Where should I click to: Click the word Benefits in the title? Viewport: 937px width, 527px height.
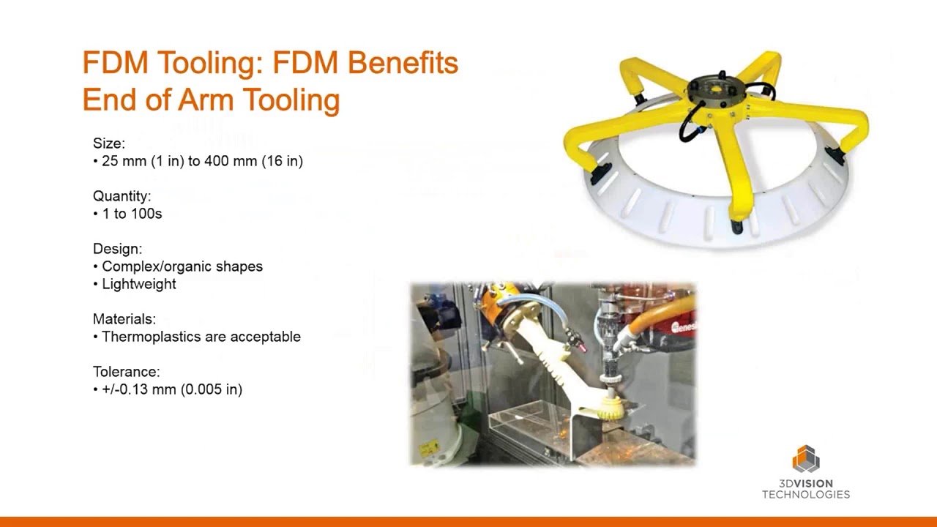coord(402,63)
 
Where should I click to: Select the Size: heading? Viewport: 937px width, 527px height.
coord(109,143)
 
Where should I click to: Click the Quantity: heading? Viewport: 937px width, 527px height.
coord(122,196)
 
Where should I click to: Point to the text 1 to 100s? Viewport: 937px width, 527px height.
coord(132,214)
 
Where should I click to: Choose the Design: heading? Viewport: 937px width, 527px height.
coord(117,249)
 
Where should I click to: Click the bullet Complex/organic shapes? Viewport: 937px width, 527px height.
coord(182,266)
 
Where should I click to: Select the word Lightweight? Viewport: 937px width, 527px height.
coord(138,284)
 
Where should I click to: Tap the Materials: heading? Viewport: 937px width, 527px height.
coord(124,319)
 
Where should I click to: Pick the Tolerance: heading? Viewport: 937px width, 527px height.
coord(126,372)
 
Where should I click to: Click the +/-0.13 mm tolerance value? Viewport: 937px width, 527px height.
coord(139,389)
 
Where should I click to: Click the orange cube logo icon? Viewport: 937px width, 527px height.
coord(805,460)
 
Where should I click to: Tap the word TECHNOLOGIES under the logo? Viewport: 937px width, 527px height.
coord(805,495)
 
